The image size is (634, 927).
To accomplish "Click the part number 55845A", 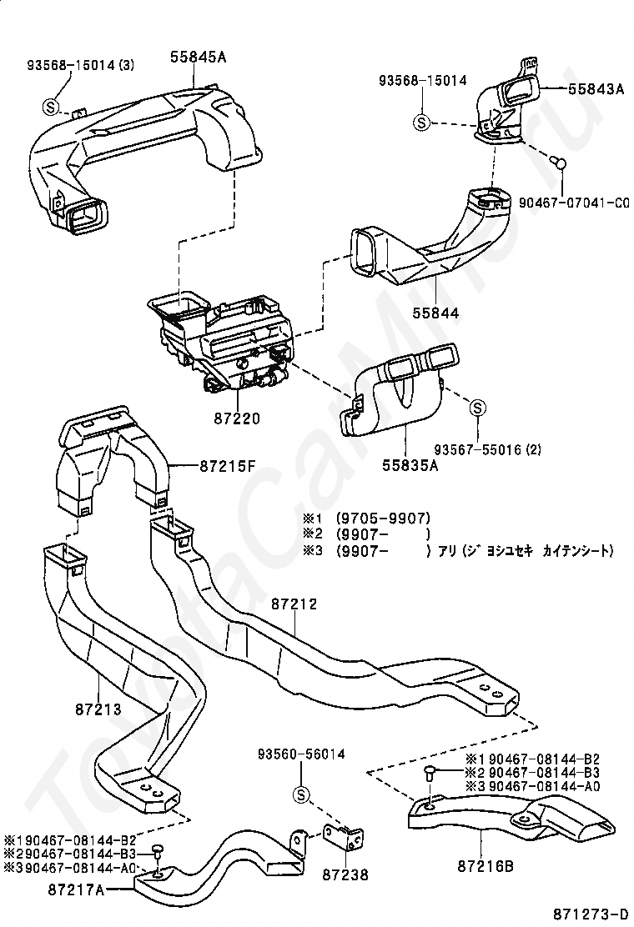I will [x=199, y=57].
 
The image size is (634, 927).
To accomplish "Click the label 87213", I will [x=98, y=709].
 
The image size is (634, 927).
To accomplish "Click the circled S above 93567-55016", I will [x=477, y=408].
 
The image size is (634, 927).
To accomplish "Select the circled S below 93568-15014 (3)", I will [x=50, y=107].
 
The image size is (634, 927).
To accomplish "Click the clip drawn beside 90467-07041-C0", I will [x=561, y=162].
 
